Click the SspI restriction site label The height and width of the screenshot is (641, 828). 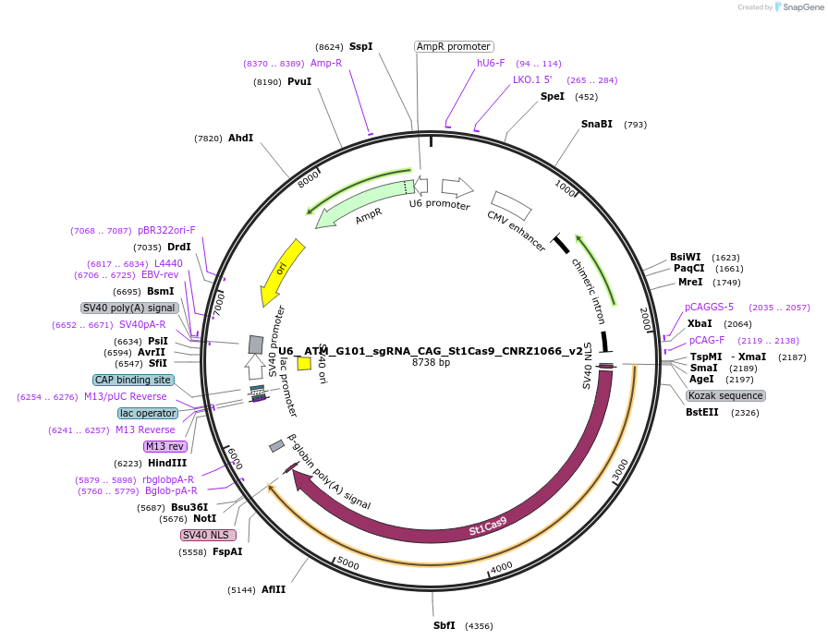(x=360, y=46)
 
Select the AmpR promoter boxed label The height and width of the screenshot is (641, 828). (x=453, y=46)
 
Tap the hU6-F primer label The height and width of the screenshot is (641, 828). (x=491, y=63)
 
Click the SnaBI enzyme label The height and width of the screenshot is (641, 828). (x=596, y=124)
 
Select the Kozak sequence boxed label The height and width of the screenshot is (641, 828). (x=725, y=395)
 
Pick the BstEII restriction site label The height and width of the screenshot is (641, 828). (x=701, y=413)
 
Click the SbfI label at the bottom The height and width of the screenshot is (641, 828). (x=444, y=625)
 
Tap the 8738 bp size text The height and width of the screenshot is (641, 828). (x=431, y=362)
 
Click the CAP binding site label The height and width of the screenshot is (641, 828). (x=133, y=380)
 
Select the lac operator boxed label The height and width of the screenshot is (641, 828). (x=148, y=413)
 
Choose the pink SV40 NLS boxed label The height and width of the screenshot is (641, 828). (x=208, y=535)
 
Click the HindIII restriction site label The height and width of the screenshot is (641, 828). (x=166, y=463)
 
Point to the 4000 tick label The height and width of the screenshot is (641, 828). (x=501, y=566)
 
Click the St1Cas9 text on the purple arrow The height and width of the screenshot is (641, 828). (x=488, y=526)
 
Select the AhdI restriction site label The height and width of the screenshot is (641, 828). (x=240, y=138)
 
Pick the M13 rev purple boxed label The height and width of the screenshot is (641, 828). (x=165, y=446)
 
